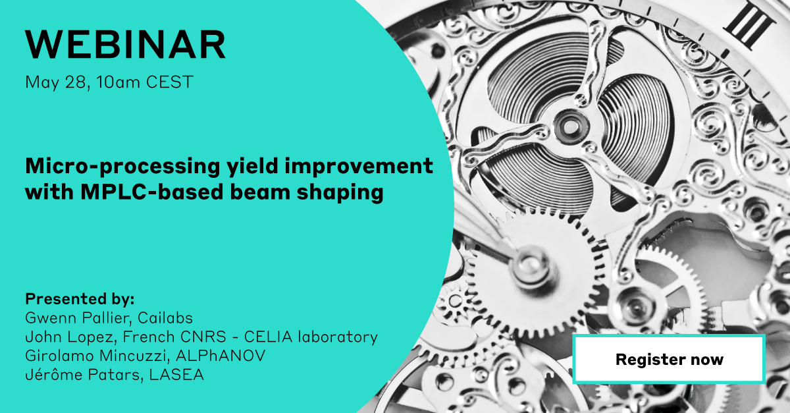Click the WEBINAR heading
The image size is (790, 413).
click(x=125, y=45)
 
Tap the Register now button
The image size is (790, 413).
click(x=669, y=360)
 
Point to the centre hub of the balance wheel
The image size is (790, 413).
click(x=567, y=123)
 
